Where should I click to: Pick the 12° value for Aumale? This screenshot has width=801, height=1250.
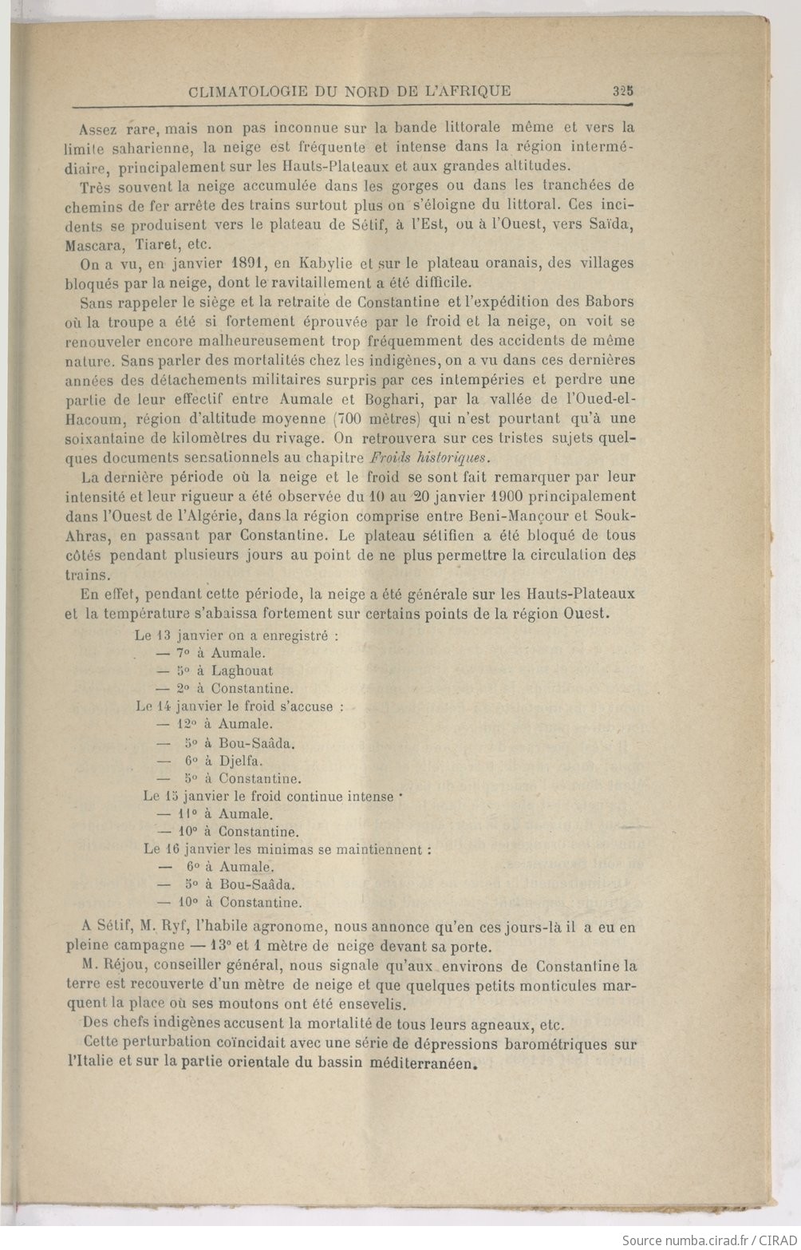point(189,725)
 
